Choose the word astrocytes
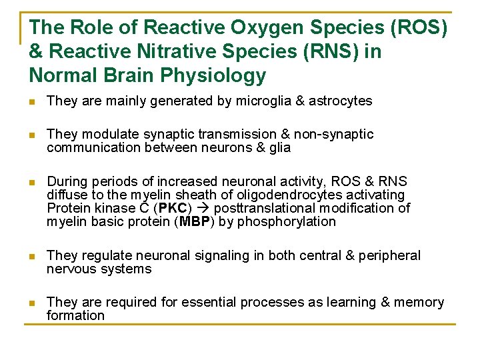(339, 101)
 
